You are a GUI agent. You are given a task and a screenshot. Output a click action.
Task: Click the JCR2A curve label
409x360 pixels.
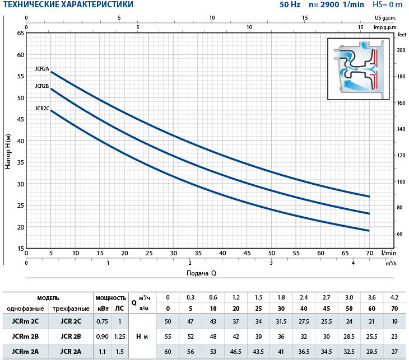(x=42, y=69)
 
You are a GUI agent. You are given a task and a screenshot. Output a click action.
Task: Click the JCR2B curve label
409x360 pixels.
(x=42, y=86)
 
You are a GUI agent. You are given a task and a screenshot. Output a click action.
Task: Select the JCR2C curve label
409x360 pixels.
(x=42, y=108)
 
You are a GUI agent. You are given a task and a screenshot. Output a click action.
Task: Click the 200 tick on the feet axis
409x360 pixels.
(x=401, y=50)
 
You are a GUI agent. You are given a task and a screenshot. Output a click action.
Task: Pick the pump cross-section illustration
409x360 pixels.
(x=359, y=69)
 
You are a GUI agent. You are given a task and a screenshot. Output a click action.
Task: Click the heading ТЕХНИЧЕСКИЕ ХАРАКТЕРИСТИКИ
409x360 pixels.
(x=68, y=5)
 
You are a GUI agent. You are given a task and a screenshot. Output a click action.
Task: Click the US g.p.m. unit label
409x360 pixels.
(x=386, y=18)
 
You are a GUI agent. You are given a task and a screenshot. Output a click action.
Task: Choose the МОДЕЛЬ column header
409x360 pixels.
(x=48, y=298)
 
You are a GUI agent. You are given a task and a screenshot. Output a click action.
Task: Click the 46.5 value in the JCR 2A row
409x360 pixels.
(x=235, y=352)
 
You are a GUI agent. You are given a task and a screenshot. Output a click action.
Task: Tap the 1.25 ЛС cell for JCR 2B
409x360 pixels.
(x=119, y=336)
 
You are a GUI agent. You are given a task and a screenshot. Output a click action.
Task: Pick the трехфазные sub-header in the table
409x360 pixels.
(x=71, y=308)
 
